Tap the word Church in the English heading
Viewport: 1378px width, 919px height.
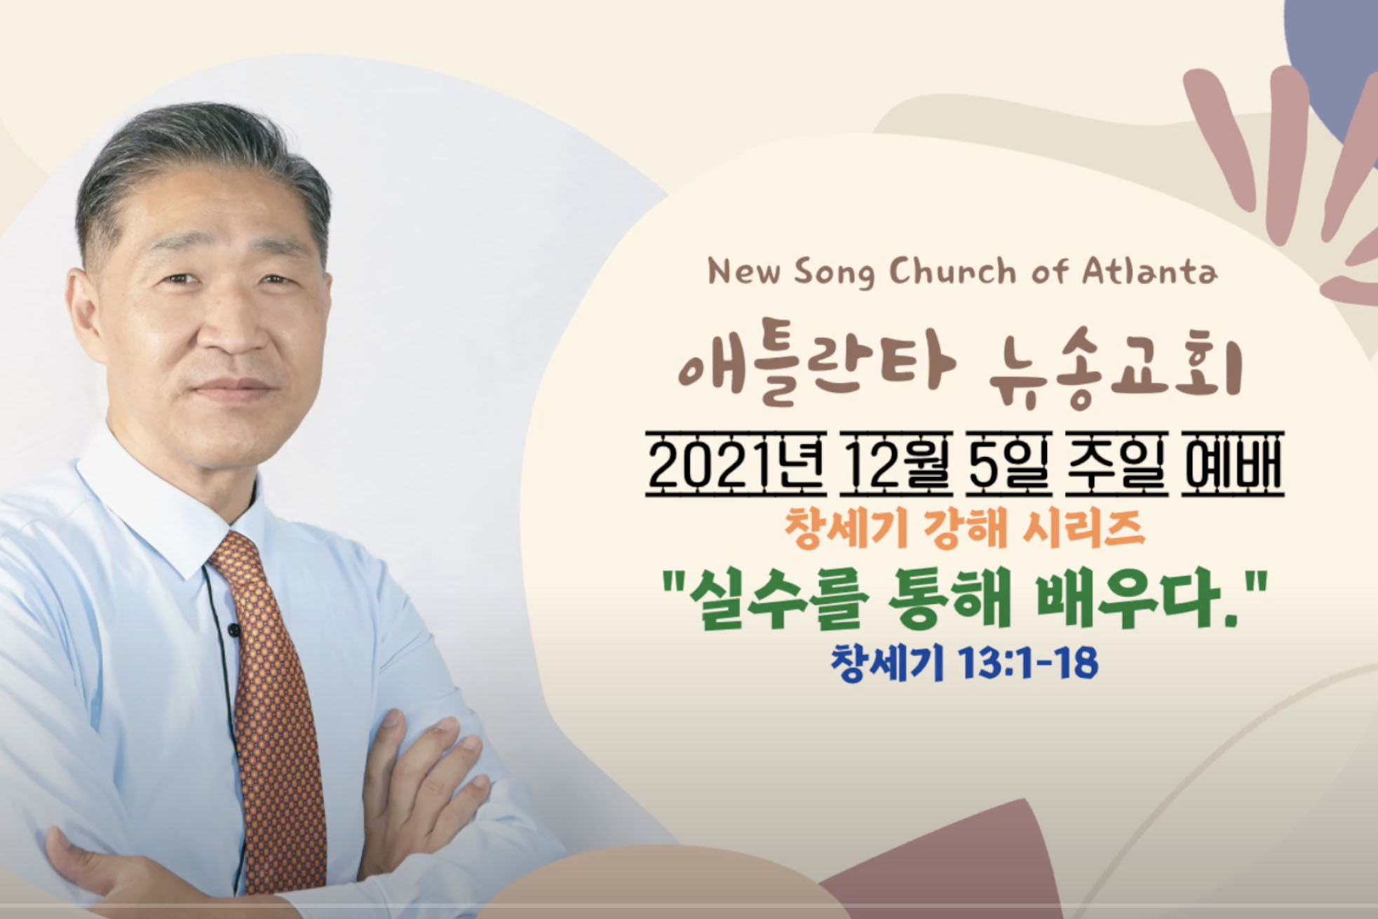pyautogui.click(x=952, y=271)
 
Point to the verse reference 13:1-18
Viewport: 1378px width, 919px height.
pyautogui.click(x=1024, y=663)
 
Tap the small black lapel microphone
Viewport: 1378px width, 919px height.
pyautogui.click(x=234, y=629)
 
